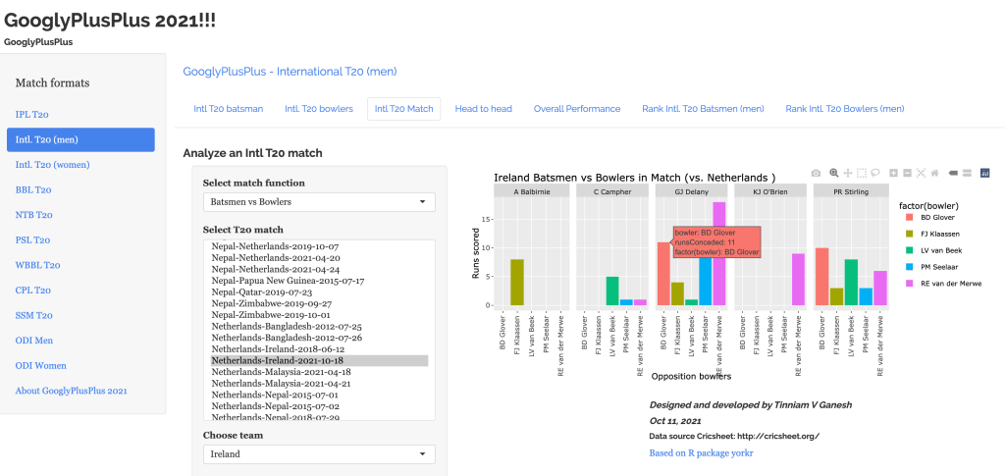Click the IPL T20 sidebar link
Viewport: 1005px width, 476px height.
tap(32, 114)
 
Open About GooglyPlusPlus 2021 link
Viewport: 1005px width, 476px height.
tap(71, 391)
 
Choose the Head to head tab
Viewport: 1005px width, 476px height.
tap(483, 108)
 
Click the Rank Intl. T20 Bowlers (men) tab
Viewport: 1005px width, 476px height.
tap(844, 108)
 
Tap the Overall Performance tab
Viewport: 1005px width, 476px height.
tap(576, 108)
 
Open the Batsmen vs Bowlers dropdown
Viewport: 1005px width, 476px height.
tap(318, 202)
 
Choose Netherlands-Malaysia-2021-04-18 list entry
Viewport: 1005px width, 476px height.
tap(281, 372)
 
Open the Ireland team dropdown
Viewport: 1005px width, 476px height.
tap(318, 454)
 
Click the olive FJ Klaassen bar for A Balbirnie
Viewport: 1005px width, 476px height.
tap(516, 282)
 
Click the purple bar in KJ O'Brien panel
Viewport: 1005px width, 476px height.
tap(798, 279)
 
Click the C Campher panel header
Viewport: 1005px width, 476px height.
tap(612, 190)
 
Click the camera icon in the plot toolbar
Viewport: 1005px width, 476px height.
tap(816, 173)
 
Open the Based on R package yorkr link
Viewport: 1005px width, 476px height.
tap(701, 452)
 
